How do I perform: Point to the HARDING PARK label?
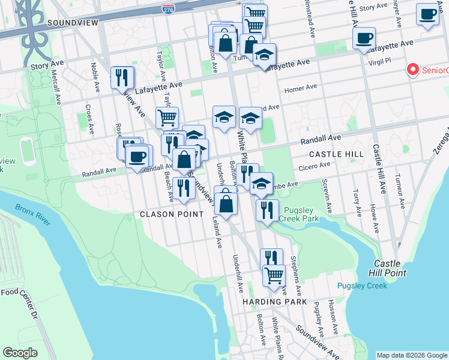[x=275, y=302]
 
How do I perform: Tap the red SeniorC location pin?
[x=413, y=70]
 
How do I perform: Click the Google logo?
[x=20, y=352]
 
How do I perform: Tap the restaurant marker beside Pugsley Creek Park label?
[x=267, y=210]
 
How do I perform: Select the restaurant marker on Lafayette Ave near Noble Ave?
[x=122, y=77]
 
